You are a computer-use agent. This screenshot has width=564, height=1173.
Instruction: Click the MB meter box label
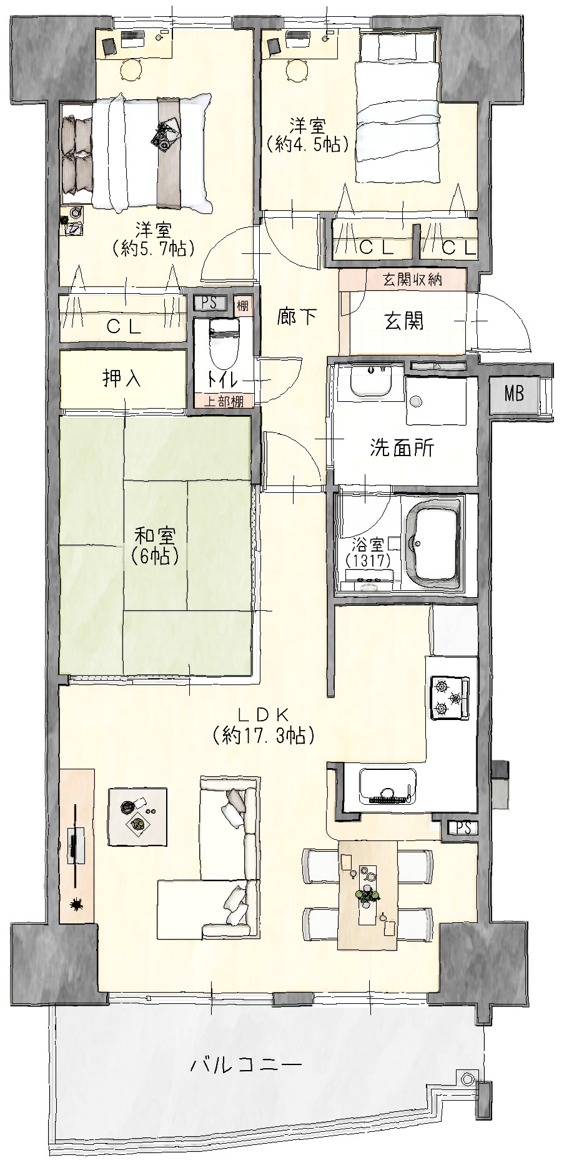(x=514, y=394)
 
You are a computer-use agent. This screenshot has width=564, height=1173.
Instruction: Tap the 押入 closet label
(x=122, y=379)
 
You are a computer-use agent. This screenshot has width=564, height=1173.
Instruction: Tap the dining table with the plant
(x=367, y=895)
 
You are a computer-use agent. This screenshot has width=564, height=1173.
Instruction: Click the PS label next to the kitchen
(x=463, y=829)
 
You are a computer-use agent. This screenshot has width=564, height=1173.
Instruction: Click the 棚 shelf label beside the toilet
(x=242, y=306)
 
